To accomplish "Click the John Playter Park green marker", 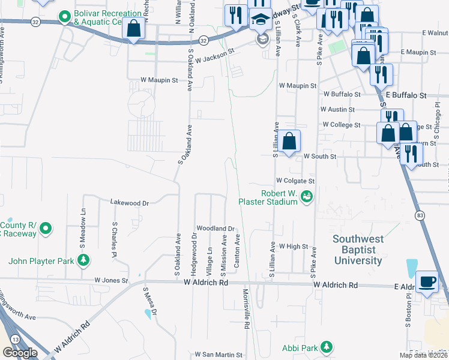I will point(85,260).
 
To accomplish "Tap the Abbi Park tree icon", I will point(327,347).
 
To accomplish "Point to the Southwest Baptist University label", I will point(358,250).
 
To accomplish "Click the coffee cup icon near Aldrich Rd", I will point(427,281).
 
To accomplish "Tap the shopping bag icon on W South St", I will point(289,142).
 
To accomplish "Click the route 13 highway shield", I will point(15,339).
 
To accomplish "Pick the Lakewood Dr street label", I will point(129,203).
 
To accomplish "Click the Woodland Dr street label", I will point(215,229).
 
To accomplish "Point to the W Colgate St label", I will point(295,181).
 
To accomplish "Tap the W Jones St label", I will point(111,280).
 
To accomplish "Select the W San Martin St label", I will point(217,355).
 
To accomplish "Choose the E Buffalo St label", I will point(406,95).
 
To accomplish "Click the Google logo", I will point(20,353).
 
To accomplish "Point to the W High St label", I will point(293,247).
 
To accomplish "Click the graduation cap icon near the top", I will point(261,20).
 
